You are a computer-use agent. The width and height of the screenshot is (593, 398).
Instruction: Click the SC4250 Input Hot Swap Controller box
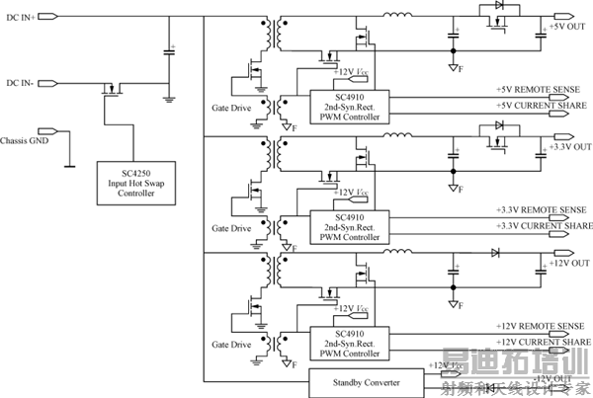(x=136, y=181)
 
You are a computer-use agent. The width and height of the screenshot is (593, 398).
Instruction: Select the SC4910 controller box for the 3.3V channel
(x=350, y=224)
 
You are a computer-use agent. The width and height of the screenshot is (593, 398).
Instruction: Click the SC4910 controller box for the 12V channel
(x=350, y=341)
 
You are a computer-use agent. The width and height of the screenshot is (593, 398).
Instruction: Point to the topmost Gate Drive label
(x=232, y=108)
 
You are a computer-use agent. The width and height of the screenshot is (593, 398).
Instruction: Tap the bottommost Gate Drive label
(x=232, y=346)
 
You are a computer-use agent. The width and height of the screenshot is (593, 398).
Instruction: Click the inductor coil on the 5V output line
(x=398, y=14)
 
